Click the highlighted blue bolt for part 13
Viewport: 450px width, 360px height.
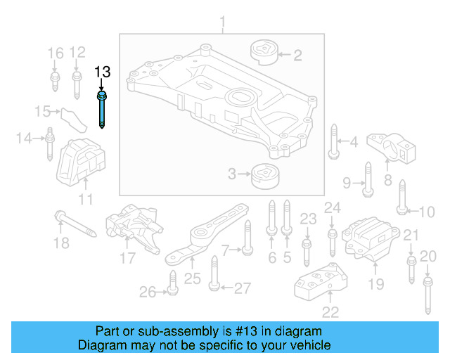tap(103, 109)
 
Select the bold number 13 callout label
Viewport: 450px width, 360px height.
tap(103, 72)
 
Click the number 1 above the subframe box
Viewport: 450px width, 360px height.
tap(223, 25)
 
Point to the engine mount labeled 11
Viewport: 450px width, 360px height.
tap(79, 165)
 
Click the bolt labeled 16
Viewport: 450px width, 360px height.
tap(55, 80)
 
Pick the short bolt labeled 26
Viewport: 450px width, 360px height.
tap(171, 288)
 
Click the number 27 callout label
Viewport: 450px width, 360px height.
tap(242, 288)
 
